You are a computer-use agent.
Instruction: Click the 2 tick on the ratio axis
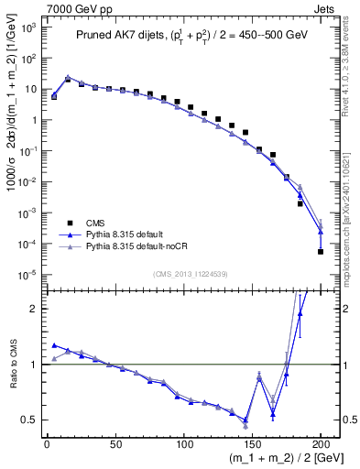click(x=33, y=309)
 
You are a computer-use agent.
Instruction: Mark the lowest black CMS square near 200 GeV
click(x=321, y=252)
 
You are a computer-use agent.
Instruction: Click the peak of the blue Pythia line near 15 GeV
click(x=68, y=78)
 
